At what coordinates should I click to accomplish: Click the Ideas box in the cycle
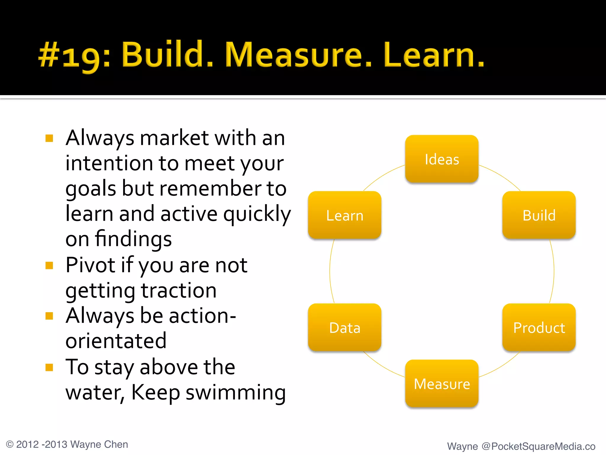pyautogui.click(x=442, y=159)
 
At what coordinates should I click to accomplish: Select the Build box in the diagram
pyautogui.click(x=539, y=215)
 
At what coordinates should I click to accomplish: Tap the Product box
pyautogui.click(x=539, y=328)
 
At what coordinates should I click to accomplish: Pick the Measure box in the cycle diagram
pyautogui.click(x=442, y=384)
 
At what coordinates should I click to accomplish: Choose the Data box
pyautogui.click(x=345, y=328)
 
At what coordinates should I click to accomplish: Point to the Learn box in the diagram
pyautogui.click(x=345, y=215)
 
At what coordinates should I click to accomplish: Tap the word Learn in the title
pyautogui.click(x=433, y=55)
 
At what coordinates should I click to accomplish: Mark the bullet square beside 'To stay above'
pyautogui.click(x=49, y=367)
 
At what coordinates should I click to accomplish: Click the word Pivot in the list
pyautogui.click(x=90, y=265)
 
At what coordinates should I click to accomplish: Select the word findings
pyautogui.click(x=133, y=239)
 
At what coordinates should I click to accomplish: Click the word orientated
pyautogui.click(x=116, y=341)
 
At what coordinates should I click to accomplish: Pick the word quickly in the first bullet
pyautogui.click(x=257, y=214)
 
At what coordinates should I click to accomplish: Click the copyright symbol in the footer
pyautogui.click(x=10, y=444)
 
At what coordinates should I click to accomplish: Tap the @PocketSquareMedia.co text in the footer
pyautogui.click(x=538, y=446)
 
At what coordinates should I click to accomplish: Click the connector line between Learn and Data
pyautogui.click(x=330, y=271)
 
